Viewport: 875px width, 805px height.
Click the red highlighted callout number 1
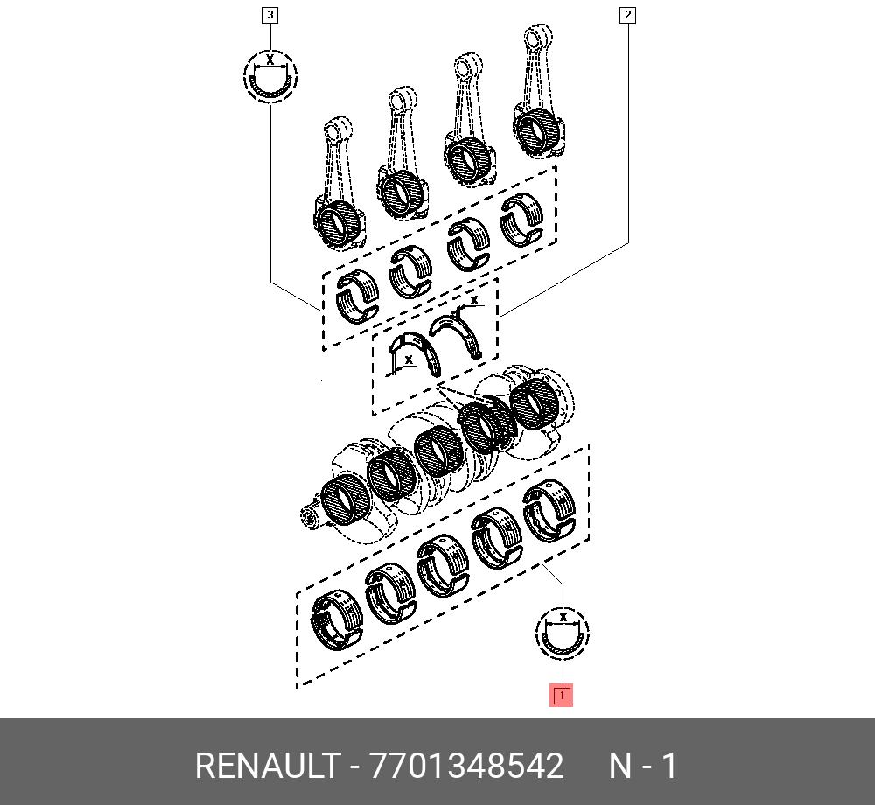(x=561, y=696)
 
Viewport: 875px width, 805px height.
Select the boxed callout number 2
(x=627, y=15)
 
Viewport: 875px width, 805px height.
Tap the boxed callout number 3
(x=270, y=15)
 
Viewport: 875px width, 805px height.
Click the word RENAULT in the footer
(x=266, y=766)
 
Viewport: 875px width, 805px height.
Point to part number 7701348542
(x=467, y=766)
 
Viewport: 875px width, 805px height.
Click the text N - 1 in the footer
(x=643, y=766)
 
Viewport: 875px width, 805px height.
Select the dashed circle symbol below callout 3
(x=269, y=74)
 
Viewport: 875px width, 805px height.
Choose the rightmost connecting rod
(x=535, y=96)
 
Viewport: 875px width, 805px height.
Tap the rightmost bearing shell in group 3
(x=522, y=216)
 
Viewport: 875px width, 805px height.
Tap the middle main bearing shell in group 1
(x=442, y=564)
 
